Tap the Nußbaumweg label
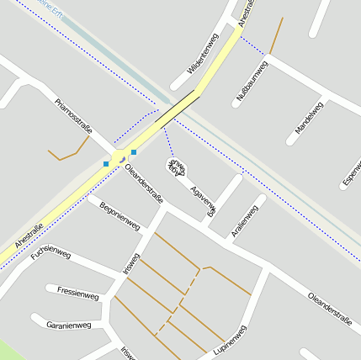[x=252, y=82]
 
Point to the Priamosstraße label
[x=72, y=116]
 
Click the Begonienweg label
[x=119, y=215]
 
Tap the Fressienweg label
[x=77, y=294]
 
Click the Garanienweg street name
[x=68, y=324]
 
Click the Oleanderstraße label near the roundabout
[x=143, y=184]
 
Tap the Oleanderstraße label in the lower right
[x=329, y=308]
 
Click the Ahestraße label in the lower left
[x=29, y=235]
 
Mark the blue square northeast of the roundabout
[x=134, y=152]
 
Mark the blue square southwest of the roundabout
[x=106, y=163]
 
